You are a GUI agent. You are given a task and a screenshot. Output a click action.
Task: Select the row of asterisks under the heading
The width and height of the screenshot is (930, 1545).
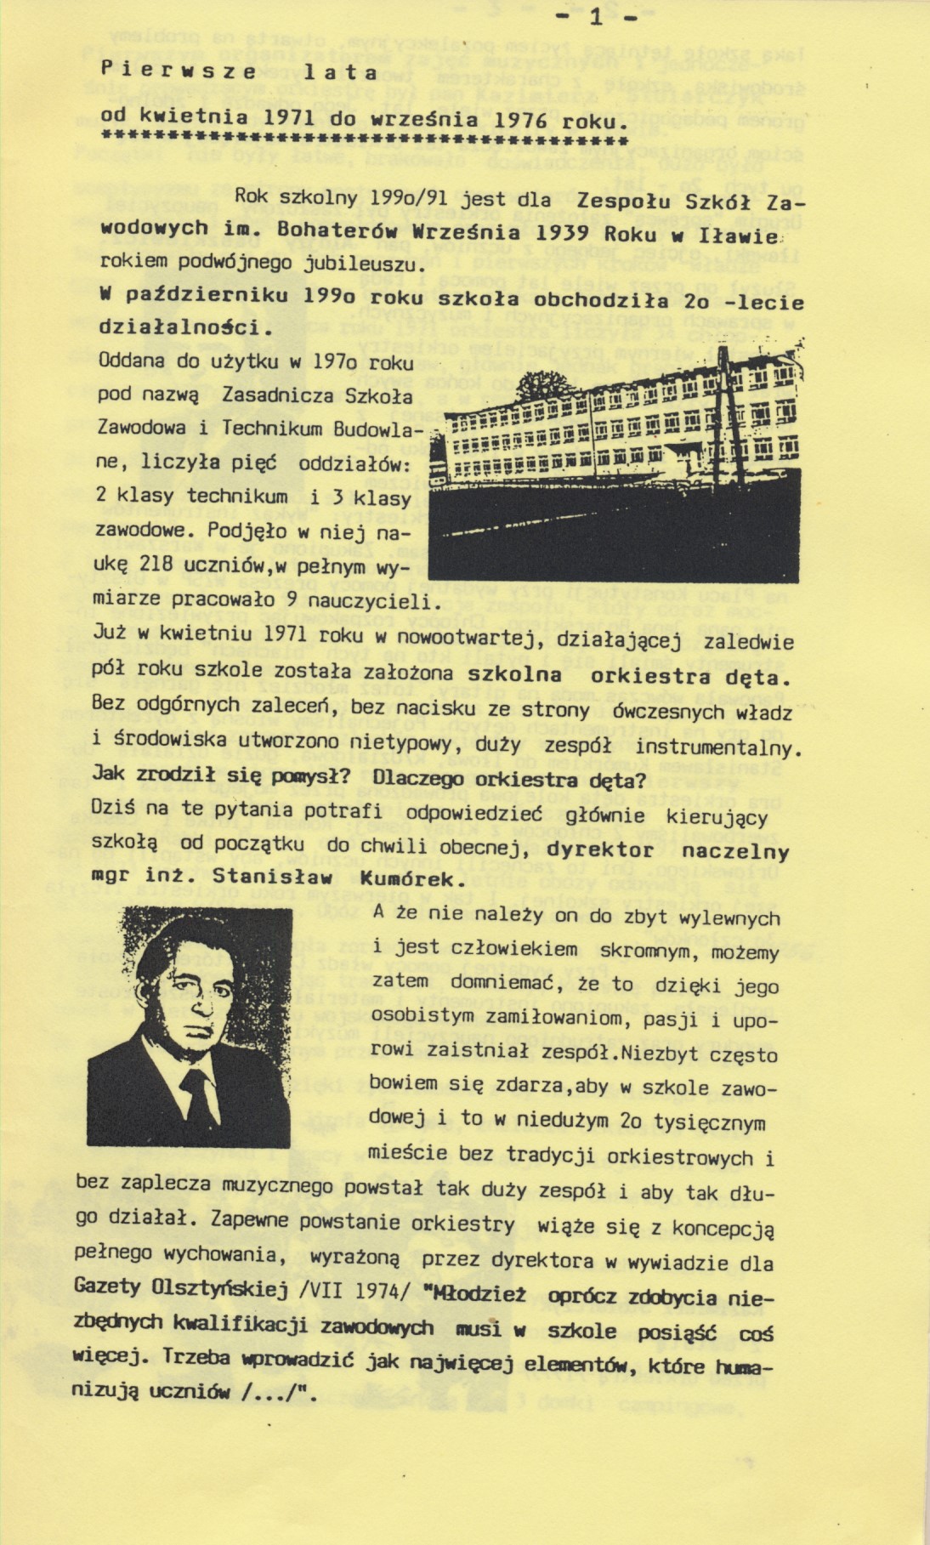coord(364,138)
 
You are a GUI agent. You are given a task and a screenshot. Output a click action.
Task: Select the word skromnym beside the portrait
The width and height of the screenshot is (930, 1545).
coord(647,951)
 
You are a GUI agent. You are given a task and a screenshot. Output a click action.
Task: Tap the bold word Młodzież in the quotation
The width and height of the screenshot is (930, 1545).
coord(479,1295)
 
